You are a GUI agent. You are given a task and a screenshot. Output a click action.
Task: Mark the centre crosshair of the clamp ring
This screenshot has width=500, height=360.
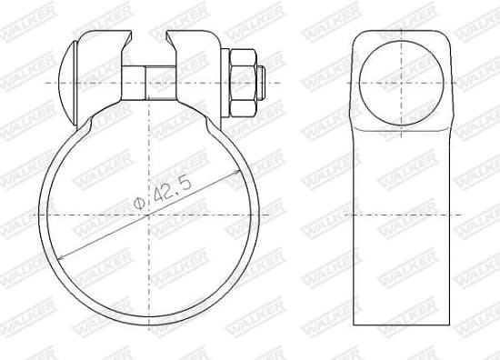(x=146, y=215)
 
